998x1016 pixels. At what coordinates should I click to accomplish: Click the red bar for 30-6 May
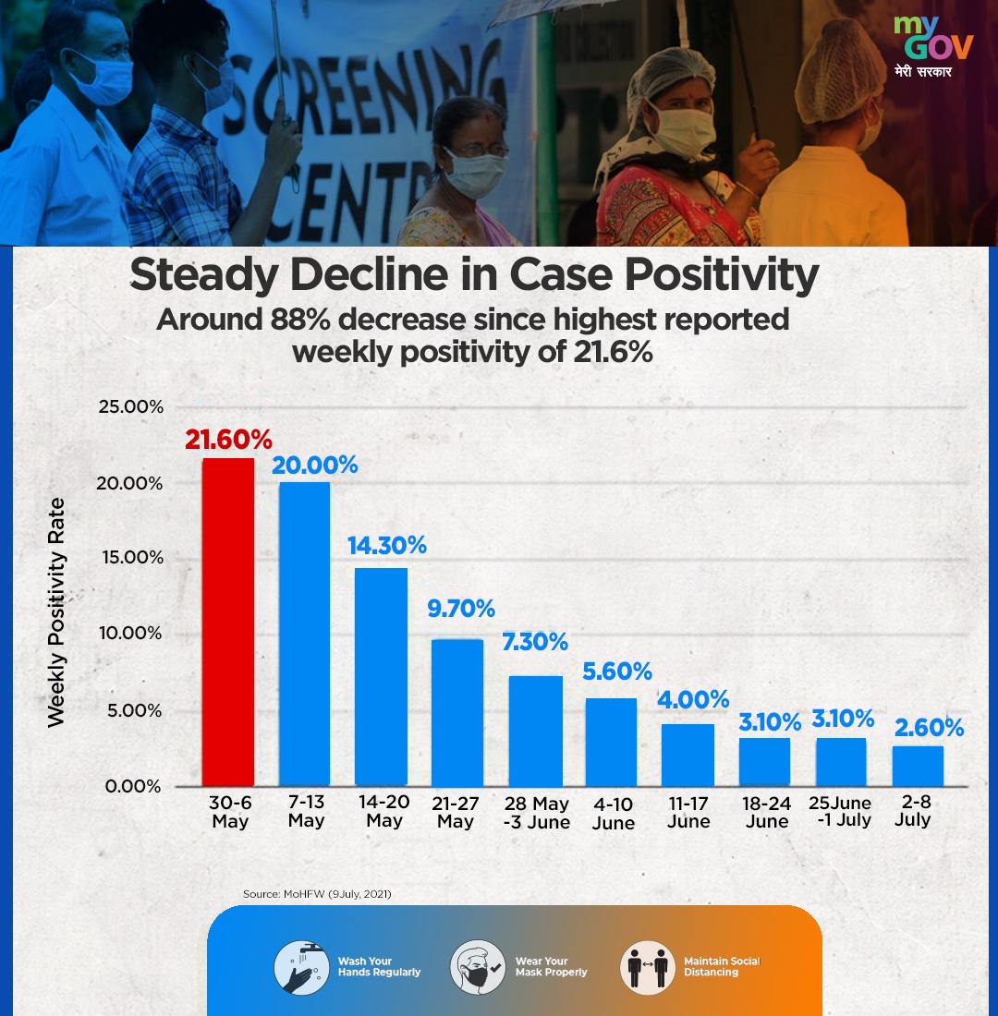coord(228,622)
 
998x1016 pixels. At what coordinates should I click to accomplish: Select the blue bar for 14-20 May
coord(382,676)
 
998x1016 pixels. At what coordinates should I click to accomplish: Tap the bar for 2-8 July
coord(918,766)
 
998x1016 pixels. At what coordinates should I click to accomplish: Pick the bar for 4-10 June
coord(611,742)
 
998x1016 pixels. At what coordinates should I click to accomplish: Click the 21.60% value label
coord(227,440)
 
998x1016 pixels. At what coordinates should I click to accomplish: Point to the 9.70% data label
coord(460,609)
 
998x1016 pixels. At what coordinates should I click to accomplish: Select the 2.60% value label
coord(929,728)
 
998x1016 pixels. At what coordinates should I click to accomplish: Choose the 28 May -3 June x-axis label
coord(536,813)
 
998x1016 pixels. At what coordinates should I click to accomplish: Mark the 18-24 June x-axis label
coord(766,813)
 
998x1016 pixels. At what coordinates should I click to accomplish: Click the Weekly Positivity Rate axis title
coord(57,611)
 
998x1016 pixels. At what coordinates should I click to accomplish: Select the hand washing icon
coord(301,966)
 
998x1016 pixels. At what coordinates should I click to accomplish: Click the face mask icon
coord(477,966)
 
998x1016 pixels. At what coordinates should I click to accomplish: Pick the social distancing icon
coord(647,966)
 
